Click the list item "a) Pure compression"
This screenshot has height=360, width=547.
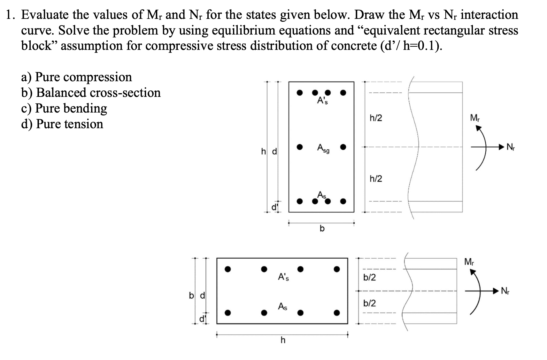pyautogui.click(x=76, y=77)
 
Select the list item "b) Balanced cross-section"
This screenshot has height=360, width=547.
pyautogui.click(x=91, y=93)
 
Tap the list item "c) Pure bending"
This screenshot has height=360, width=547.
pyautogui.click(x=64, y=108)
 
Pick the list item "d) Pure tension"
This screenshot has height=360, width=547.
pyautogui.click(x=62, y=124)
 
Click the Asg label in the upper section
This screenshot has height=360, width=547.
pyautogui.click(x=323, y=148)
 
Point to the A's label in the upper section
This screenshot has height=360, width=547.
pyautogui.click(x=322, y=101)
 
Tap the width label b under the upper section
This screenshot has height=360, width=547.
pyautogui.click(x=322, y=228)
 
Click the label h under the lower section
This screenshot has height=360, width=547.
pyautogui.click(x=282, y=340)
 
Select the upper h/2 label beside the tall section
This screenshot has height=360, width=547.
pyautogui.click(x=376, y=118)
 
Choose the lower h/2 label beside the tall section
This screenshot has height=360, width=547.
pyautogui.click(x=376, y=179)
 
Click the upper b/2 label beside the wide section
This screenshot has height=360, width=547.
pyautogui.click(x=370, y=277)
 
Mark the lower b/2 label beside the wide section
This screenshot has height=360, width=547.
pyautogui.click(x=370, y=303)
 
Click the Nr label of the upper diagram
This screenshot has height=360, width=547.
pyautogui.click(x=511, y=147)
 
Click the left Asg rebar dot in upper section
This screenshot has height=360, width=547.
pyautogui.click(x=299, y=147)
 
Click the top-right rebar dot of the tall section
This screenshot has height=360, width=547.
pyautogui.click(x=343, y=93)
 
